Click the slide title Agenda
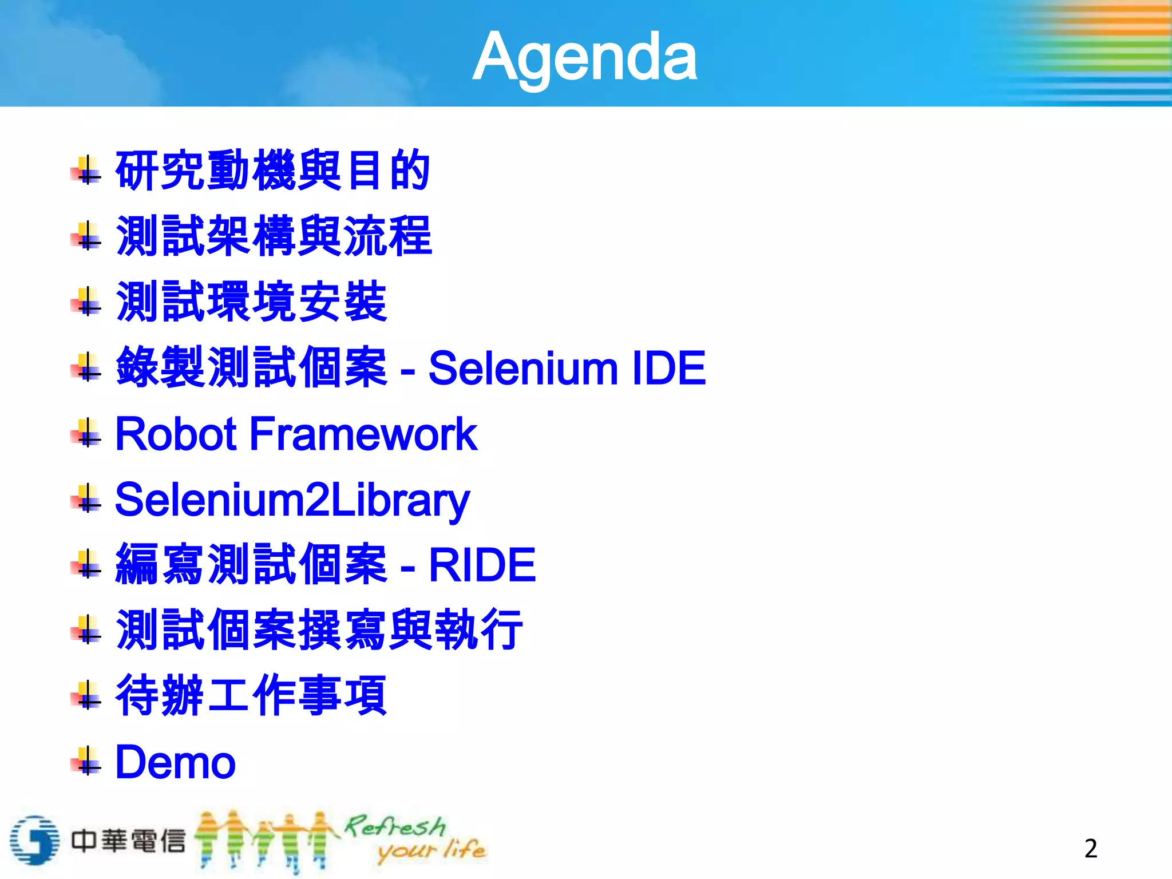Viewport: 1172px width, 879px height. click(584, 57)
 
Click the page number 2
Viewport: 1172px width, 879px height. click(1091, 848)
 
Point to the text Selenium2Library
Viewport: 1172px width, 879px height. click(292, 500)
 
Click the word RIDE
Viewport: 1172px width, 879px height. click(482, 565)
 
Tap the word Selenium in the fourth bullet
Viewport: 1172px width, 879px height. click(523, 368)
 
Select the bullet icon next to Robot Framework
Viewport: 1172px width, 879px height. click(86, 433)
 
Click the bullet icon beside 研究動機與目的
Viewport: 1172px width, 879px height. click(86, 171)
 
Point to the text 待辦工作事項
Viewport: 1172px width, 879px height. click(251, 695)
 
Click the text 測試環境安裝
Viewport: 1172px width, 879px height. click(251, 302)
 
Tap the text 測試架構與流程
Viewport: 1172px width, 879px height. click(274, 236)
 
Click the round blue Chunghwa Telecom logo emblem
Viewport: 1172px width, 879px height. click(34, 840)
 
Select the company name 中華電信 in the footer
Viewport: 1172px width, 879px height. click(128, 841)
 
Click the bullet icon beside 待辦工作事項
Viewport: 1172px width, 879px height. click(86, 695)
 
